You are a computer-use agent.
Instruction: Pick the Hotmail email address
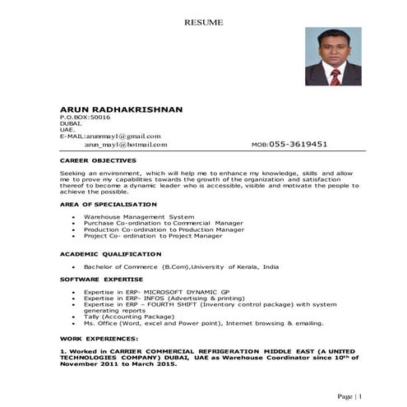click(126, 144)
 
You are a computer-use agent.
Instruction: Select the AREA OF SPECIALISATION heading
click(109, 204)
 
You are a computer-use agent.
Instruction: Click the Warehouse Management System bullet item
click(139, 216)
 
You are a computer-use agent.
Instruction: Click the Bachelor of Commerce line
click(175, 267)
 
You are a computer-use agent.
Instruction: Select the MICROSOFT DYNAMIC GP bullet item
click(151, 292)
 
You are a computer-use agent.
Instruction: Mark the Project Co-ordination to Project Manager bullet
click(152, 236)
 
